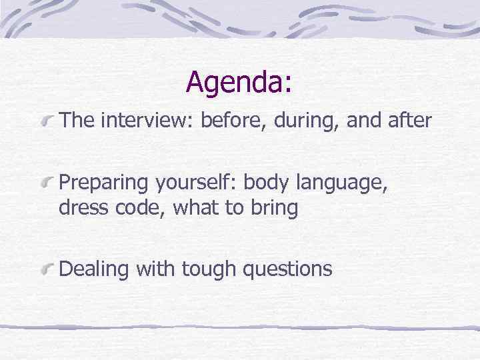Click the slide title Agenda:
click(x=239, y=82)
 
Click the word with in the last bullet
click(x=154, y=269)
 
